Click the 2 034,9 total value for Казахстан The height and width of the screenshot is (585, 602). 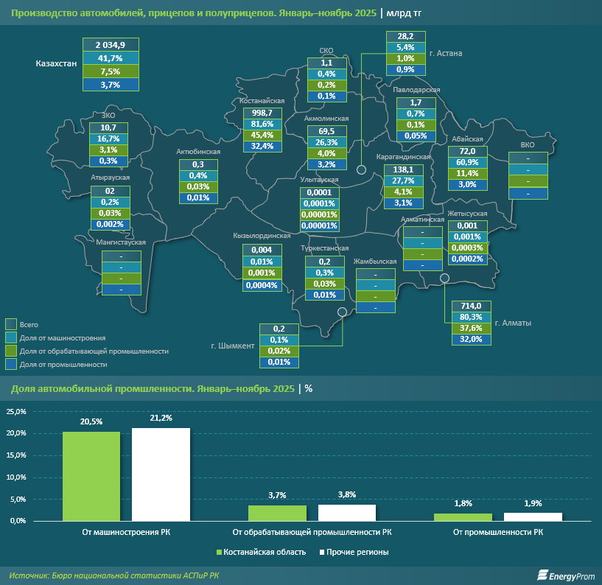pyautogui.click(x=109, y=45)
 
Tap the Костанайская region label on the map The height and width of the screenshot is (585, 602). pyautogui.click(x=262, y=101)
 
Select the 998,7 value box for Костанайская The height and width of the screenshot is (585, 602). pyautogui.click(x=263, y=112)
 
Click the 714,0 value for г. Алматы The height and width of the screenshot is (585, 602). pyautogui.click(x=471, y=306)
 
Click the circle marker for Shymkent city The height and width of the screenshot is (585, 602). pyautogui.click(x=343, y=312)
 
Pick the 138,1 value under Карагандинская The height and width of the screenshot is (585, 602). pyautogui.click(x=404, y=169)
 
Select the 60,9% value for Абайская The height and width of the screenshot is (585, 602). pyautogui.click(x=469, y=162)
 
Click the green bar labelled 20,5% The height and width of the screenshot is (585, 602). pyautogui.click(x=91, y=476)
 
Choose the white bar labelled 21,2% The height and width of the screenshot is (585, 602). pyautogui.click(x=161, y=474)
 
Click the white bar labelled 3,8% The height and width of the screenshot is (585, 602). pyautogui.click(x=346, y=513)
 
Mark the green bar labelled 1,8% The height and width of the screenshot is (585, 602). pyautogui.click(x=463, y=517)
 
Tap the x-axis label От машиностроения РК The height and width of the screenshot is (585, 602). pyautogui.click(x=126, y=532)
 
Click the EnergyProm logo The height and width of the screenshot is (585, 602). pyautogui.click(x=565, y=575)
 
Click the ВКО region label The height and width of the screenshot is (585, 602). pyautogui.click(x=528, y=145)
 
